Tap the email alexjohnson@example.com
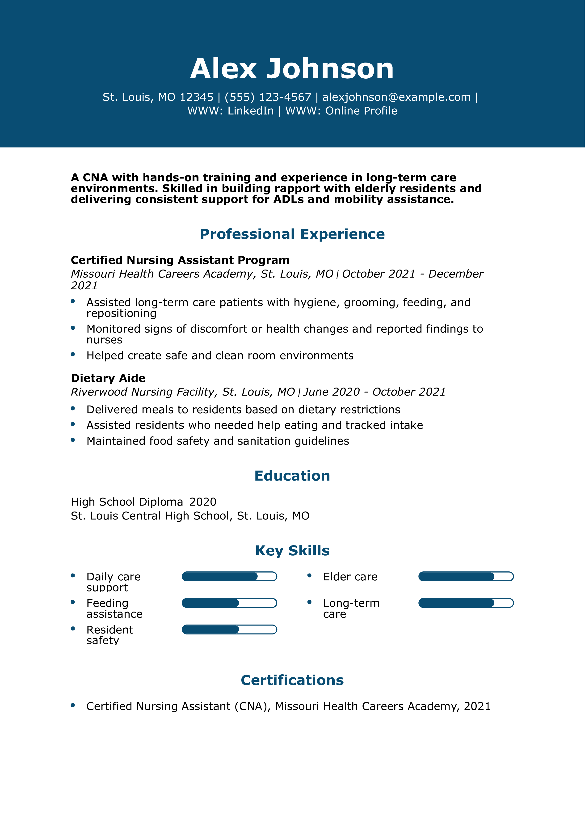[396, 97]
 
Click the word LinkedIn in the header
[251, 111]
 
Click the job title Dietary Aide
[108, 378]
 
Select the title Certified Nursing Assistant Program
[180, 260]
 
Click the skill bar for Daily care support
[229, 576]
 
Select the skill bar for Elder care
[466, 576]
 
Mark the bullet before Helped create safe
[73, 355]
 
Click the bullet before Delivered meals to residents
[73, 409]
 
